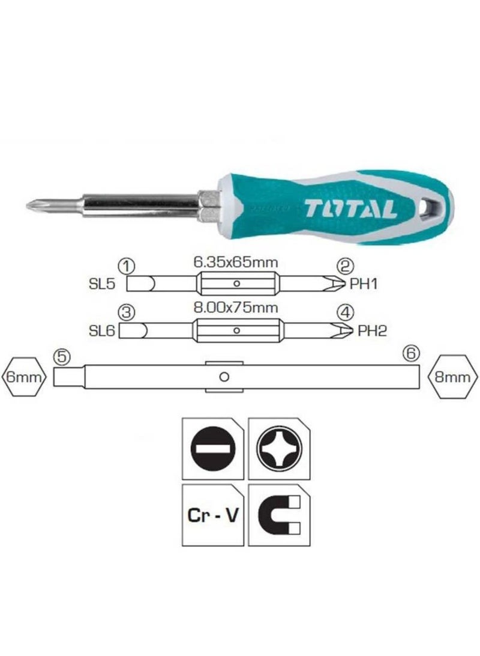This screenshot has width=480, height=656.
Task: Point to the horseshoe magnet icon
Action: pos(278,515)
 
